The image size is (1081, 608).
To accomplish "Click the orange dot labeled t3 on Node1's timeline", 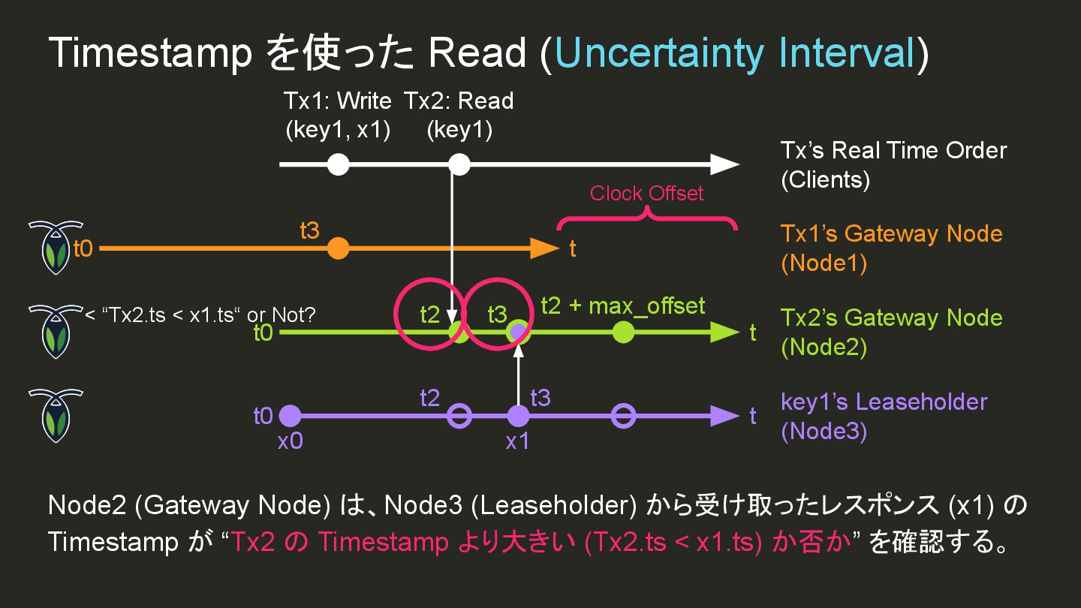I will tap(339, 248).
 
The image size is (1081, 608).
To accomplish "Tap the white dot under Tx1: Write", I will tap(339, 164).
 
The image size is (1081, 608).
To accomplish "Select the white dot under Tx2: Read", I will tap(459, 164).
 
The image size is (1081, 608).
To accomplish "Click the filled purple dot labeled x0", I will tap(290, 416).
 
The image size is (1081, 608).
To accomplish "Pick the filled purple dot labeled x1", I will tap(518, 416).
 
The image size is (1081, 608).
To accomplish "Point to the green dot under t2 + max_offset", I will tap(622, 332).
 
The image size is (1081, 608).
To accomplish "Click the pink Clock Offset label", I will tap(646, 194).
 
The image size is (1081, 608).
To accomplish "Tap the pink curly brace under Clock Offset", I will tap(646, 220).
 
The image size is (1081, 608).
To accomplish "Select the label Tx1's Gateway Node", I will tap(891, 233).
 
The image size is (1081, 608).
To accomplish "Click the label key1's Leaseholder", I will tap(884, 402).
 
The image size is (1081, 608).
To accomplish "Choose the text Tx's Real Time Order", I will tap(893, 150).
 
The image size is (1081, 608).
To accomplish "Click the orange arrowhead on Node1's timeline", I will tap(546, 248).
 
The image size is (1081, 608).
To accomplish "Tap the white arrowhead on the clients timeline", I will tap(724, 164).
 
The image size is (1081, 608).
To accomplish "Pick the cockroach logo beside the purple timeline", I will tap(56, 415).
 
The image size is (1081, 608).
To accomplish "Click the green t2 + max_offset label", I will tap(623, 306).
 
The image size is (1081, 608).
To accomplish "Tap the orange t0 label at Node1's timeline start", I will tap(83, 248).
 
